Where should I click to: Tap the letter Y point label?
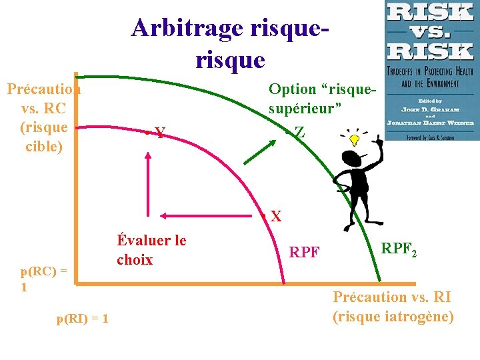click(x=160, y=133)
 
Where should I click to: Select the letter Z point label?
click(x=300, y=133)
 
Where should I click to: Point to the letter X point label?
click(x=275, y=216)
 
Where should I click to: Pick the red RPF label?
click(x=304, y=253)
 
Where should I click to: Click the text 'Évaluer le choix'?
click(x=151, y=250)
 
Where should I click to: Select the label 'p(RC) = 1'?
click(x=43, y=279)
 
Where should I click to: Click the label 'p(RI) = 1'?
click(x=83, y=319)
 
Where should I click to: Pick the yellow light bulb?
click(x=355, y=139)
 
